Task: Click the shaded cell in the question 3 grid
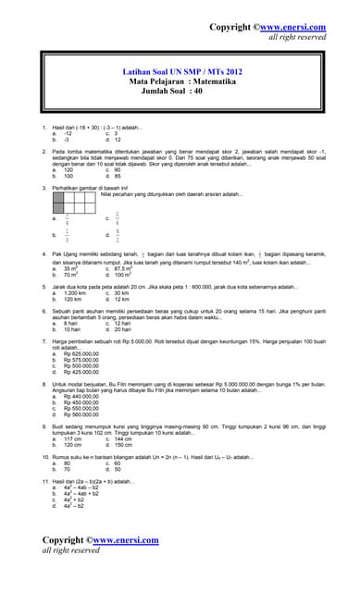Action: (60, 197)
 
